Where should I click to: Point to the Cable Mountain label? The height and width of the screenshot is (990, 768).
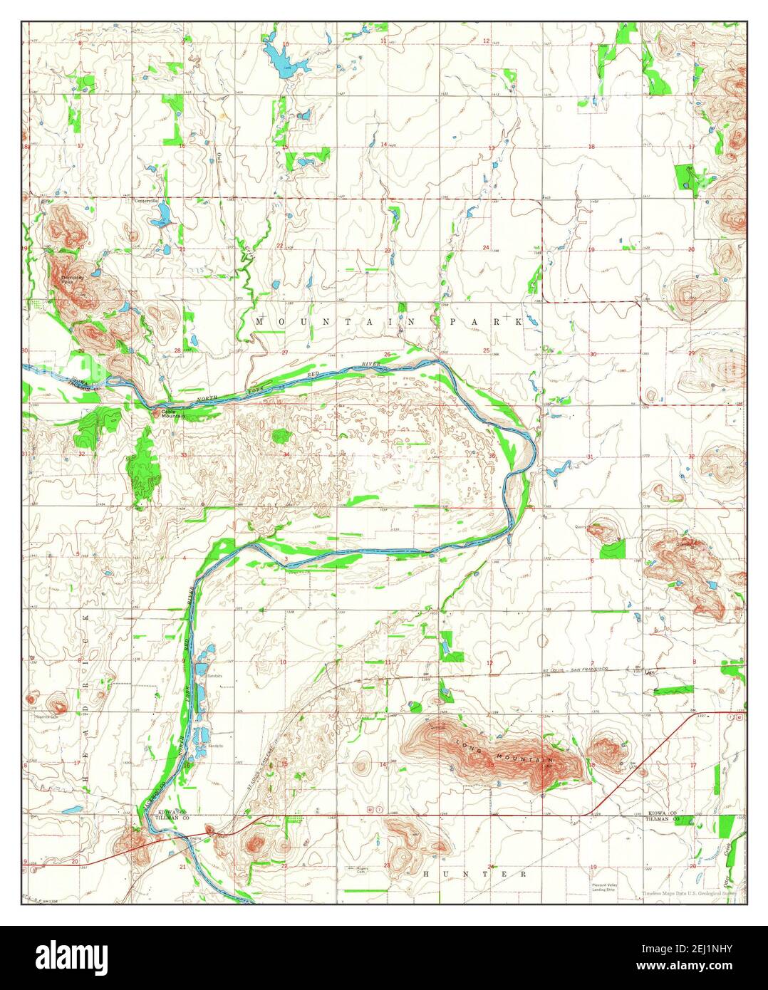click(169, 413)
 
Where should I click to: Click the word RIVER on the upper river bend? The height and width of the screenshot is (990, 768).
click(368, 365)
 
